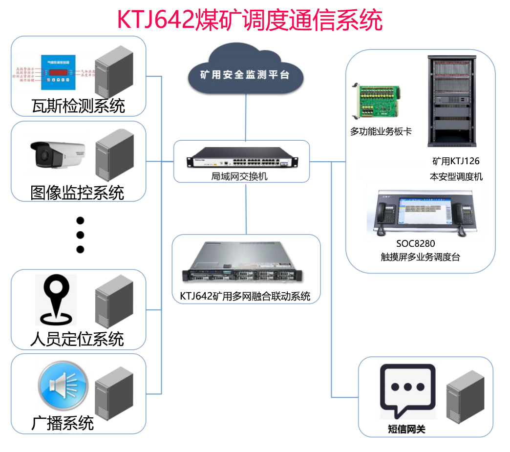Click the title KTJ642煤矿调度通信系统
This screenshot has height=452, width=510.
tap(250, 20)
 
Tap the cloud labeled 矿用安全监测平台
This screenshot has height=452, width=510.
tap(245, 75)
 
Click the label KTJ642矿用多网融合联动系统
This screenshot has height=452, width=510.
tap(245, 296)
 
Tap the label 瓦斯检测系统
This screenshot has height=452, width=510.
tap(78, 106)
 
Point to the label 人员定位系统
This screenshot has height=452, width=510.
tap(77, 339)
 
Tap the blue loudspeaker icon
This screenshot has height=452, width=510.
tap(63, 386)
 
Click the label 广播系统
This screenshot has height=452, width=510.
tap(63, 422)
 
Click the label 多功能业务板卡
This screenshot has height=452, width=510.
tap(381, 131)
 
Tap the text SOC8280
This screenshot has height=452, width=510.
tap(415, 243)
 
